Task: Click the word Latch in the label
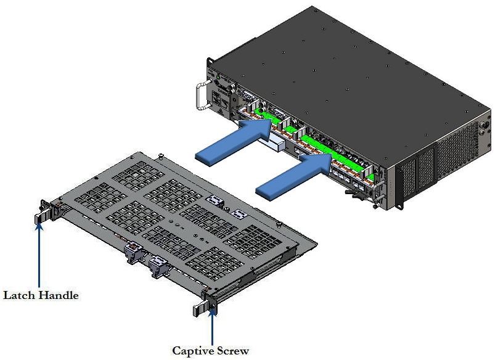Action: (x=19, y=295)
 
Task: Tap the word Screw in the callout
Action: (x=234, y=351)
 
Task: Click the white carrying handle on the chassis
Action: (x=201, y=96)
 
